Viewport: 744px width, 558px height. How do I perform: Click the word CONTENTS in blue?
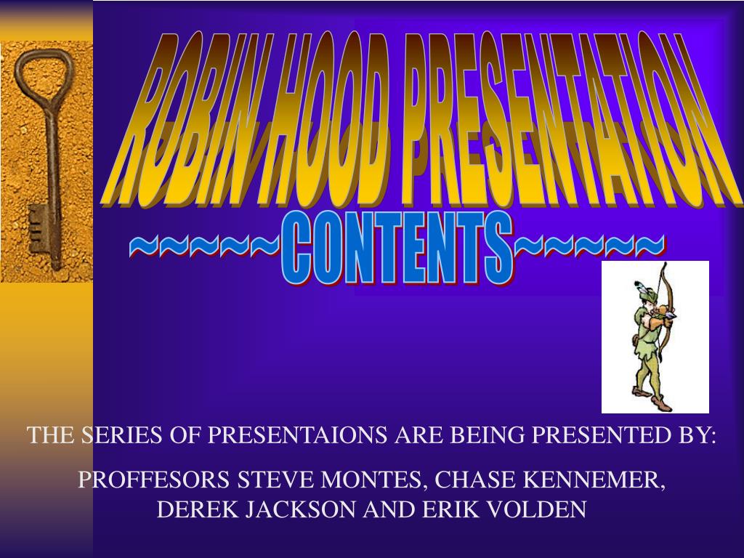(396, 249)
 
